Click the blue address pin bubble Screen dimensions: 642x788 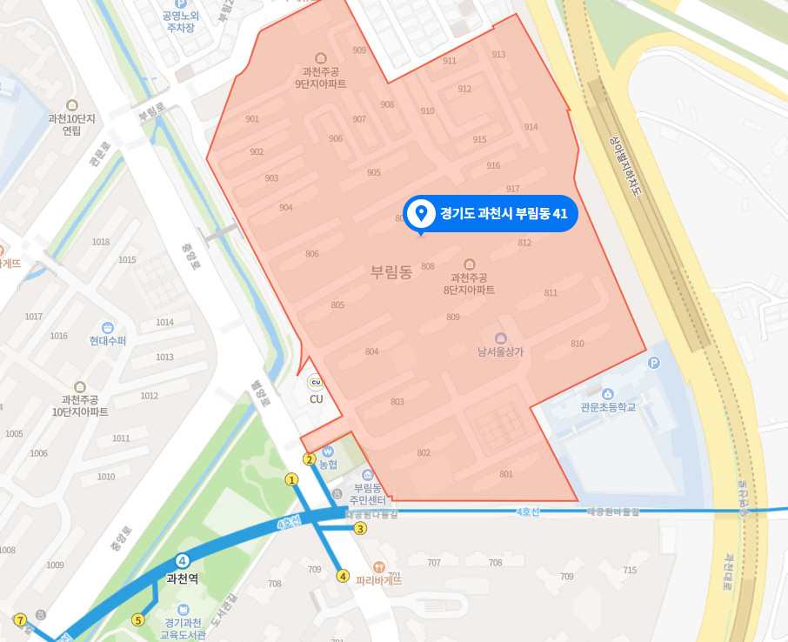pos(491,213)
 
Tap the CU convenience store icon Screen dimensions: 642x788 pos(316,382)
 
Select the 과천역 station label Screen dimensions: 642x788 pos(183,578)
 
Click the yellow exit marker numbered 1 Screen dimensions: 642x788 pos(292,478)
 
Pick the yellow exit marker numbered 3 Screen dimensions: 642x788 pos(360,528)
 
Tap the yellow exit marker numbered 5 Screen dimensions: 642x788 pos(137,620)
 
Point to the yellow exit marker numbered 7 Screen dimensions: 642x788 pos(20,619)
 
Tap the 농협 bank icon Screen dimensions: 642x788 pos(328,452)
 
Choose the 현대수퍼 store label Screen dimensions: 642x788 pos(108,340)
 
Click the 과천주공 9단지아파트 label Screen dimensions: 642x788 pos(321,78)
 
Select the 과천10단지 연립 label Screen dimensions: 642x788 pos(71,124)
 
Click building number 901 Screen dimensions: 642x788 pos(252,119)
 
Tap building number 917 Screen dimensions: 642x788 pos(512,189)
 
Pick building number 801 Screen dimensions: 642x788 pos(506,474)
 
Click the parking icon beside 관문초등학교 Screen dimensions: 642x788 pos(654,363)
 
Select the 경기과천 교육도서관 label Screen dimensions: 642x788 pos(184,628)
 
